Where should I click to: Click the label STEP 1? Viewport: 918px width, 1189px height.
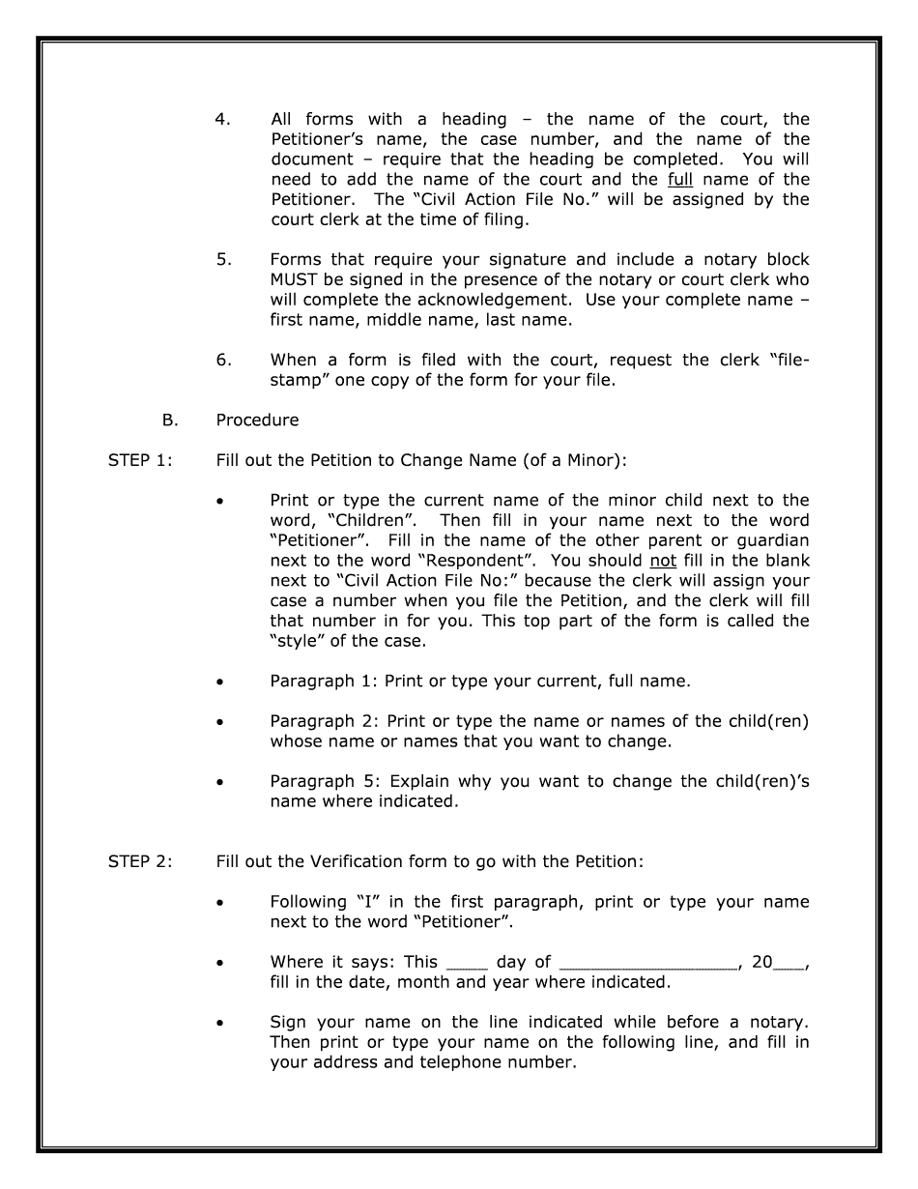(x=140, y=460)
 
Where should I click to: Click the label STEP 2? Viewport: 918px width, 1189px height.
(x=140, y=862)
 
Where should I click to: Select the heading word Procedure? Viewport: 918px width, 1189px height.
(x=257, y=420)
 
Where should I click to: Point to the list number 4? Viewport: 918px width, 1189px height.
(x=222, y=120)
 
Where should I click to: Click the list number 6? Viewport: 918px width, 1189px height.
(x=222, y=360)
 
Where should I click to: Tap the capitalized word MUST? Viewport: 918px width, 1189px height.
(x=295, y=280)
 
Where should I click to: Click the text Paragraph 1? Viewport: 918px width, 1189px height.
(x=325, y=681)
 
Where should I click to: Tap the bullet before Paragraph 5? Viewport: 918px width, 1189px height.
(x=222, y=783)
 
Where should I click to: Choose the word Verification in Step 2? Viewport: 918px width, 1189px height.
(x=436, y=862)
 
